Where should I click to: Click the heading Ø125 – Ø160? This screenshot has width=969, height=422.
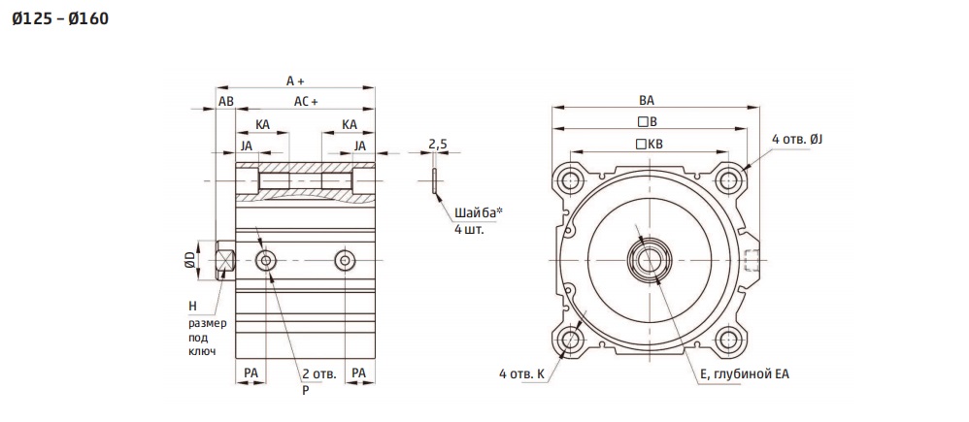[60, 19]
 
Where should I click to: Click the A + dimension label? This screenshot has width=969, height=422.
[296, 81]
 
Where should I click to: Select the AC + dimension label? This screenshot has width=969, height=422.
[305, 102]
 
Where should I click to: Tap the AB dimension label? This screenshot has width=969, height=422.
[226, 102]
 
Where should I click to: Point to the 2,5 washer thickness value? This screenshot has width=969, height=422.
[438, 146]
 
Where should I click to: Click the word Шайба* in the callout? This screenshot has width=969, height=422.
[479, 213]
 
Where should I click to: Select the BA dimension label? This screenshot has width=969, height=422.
[647, 100]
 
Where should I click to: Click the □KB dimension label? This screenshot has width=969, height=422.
[649, 145]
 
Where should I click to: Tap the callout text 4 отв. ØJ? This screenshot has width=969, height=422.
[797, 140]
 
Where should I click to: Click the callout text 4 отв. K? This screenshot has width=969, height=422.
[522, 373]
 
